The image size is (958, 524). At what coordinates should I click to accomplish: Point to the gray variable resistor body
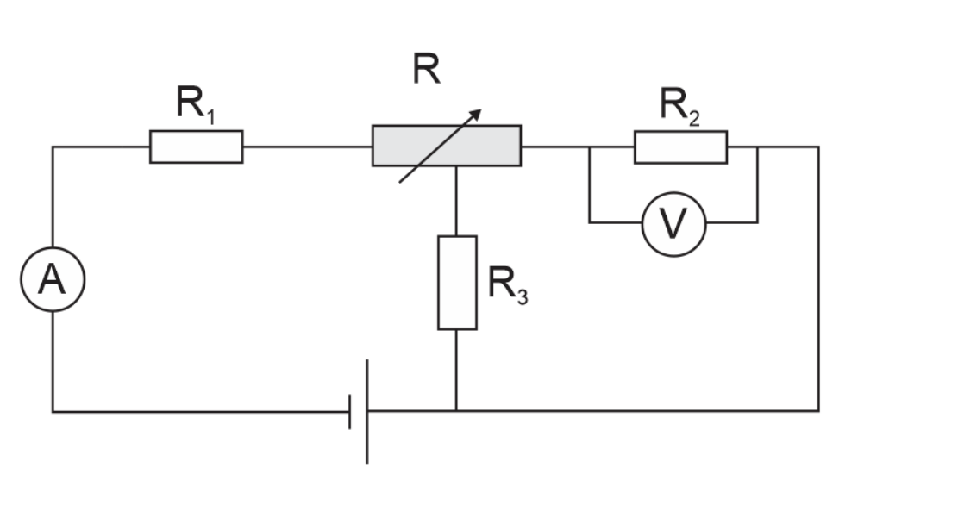point(447,146)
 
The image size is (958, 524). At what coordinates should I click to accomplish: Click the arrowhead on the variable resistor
point(474,115)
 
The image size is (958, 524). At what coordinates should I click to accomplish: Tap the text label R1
point(196,104)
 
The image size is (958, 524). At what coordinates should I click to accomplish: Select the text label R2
point(680,106)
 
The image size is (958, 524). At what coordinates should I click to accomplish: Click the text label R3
point(508,284)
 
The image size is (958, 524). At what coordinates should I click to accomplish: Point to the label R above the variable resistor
point(427,69)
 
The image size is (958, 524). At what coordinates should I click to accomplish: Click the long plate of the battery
point(366,411)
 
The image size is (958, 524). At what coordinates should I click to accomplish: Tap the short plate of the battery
point(349,412)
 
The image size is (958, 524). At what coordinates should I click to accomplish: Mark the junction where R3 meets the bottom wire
point(456,411)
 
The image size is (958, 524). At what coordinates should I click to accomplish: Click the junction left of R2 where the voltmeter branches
point(590,147)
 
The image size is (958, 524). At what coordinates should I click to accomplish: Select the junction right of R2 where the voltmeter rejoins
point(758,147)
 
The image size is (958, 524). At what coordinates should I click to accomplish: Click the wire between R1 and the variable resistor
point(307,147)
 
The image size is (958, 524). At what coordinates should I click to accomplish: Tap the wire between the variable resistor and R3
point(456,201)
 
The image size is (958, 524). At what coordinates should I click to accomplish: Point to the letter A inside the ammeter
point(52,280)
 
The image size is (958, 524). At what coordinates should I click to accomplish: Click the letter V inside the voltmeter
point(674,223)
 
